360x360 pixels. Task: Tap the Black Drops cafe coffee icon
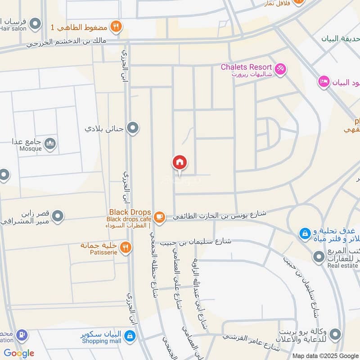[x=159, y=217]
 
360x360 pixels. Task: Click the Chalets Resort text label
[x=246, y=67]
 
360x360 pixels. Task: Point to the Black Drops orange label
[x=130, y=212]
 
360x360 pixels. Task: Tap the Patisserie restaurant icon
[x=126, y=247]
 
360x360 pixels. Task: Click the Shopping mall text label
[x=102, y=341]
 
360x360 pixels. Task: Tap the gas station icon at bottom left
[x=21, y=336]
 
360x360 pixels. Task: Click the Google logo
[x=19, y=353]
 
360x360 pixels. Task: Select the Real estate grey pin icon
[x=319, y=257]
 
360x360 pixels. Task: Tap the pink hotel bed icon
[x=323, y=82]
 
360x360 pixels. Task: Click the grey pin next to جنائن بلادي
[x=133, y=128]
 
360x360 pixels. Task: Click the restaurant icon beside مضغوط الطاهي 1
[x=116, y=27]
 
